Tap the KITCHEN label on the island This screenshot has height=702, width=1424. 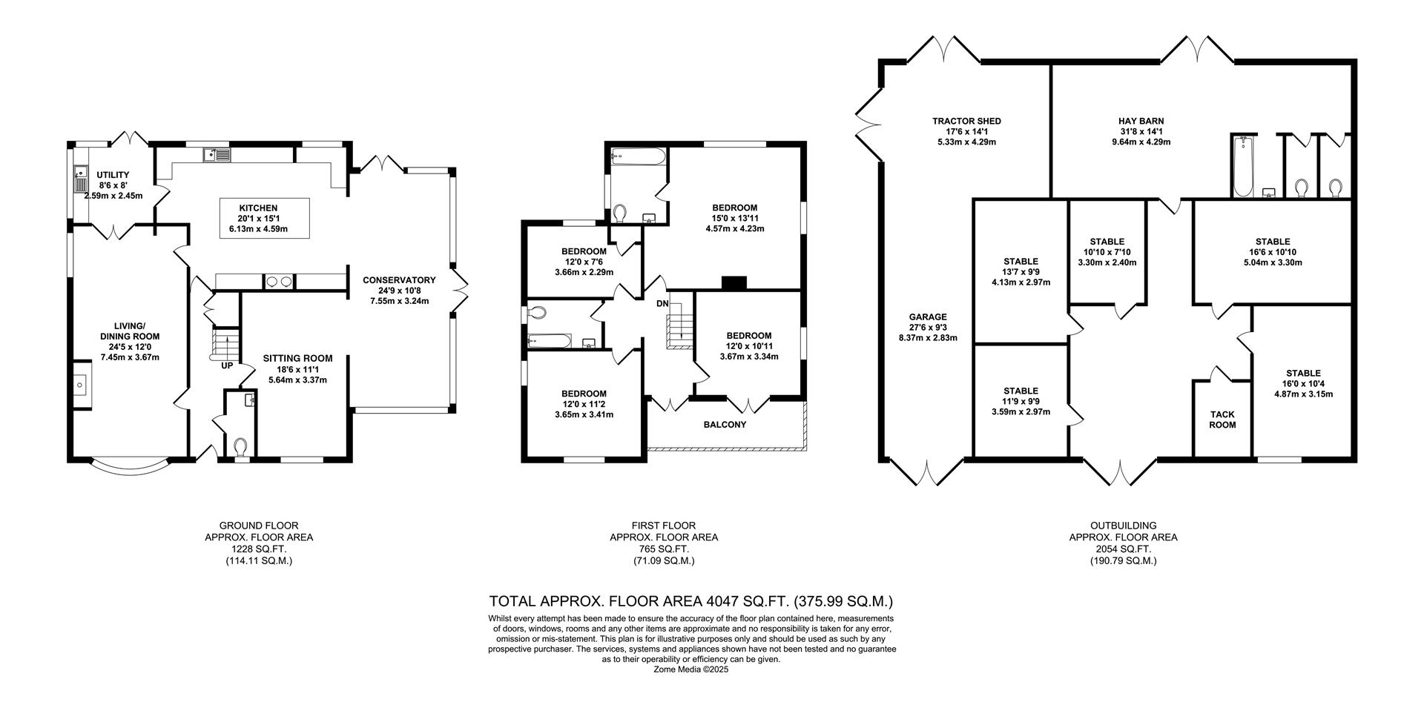pyautogui.click(x=257, y=208)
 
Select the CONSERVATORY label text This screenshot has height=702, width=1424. pyautogui.click(x=399, y=280)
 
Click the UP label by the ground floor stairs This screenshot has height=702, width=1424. pyautogui.click(x=227, y=366)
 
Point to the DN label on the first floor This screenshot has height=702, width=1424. pyautogui.click(x=662, y=304)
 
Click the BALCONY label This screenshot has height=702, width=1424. pyautogui.click(x=725, y=425)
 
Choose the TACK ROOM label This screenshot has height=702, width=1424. pyautogui.click(x=1222, y=420)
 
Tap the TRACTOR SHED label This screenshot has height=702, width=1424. pyautogui.click(x=966, y=121)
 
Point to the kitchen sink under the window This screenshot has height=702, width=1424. pyautogui.click(x=217, y=155)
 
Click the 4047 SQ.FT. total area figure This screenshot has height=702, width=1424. pyautogui.click(x=731, y=601)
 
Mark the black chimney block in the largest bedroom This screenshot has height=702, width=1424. pyautogui.click(x=734, y=282)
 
